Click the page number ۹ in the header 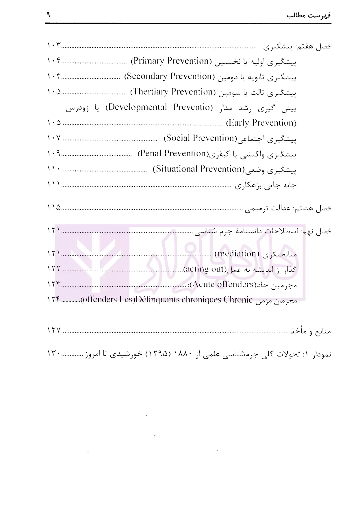[48, 14]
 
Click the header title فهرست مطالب [309, 15]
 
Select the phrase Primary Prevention [171, 61]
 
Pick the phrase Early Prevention [261, 123]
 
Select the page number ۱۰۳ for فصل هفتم [54, 46]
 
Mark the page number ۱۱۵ [54, 207]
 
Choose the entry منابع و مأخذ [311, 331]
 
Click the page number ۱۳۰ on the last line [54, 353]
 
